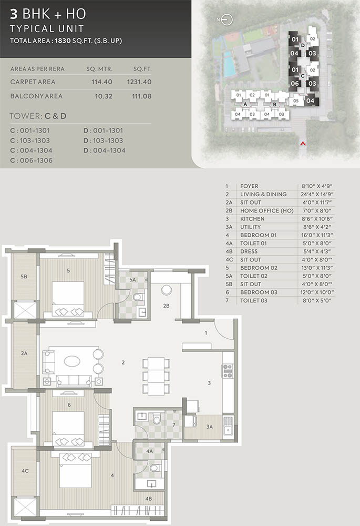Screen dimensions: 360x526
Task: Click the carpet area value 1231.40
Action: (x=139, y=82)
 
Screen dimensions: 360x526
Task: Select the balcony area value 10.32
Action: (x=104, y=96)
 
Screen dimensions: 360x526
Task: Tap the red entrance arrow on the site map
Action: (x=303, y=144)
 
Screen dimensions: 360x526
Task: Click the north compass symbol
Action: (x=227, y=20)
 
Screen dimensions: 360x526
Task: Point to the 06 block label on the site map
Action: (x=295, y=84)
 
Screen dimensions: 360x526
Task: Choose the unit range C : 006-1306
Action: (x=31, y=160)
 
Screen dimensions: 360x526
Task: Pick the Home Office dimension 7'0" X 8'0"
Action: (x=316, y=211)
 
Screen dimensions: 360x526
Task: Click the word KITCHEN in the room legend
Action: (x=252, y=219)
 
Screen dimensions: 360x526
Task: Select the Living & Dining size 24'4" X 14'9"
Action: (x=317, y=194)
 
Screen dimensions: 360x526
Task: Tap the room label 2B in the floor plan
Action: (x=166, y=306)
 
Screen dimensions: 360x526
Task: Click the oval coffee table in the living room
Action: (x=72, y=361)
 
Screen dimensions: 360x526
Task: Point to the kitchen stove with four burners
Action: (x=228, y=371)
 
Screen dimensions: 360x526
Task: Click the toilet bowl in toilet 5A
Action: (x=137, y=297)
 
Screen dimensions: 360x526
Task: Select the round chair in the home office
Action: (x=167, y=290)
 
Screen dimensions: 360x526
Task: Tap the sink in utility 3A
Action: (x=228, y=426)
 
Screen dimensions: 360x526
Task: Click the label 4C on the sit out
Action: (x=25, y=471)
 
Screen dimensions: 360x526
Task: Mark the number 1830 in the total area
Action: (x=63, y=41)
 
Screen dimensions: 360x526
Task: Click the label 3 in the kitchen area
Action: (x=209, y=383)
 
